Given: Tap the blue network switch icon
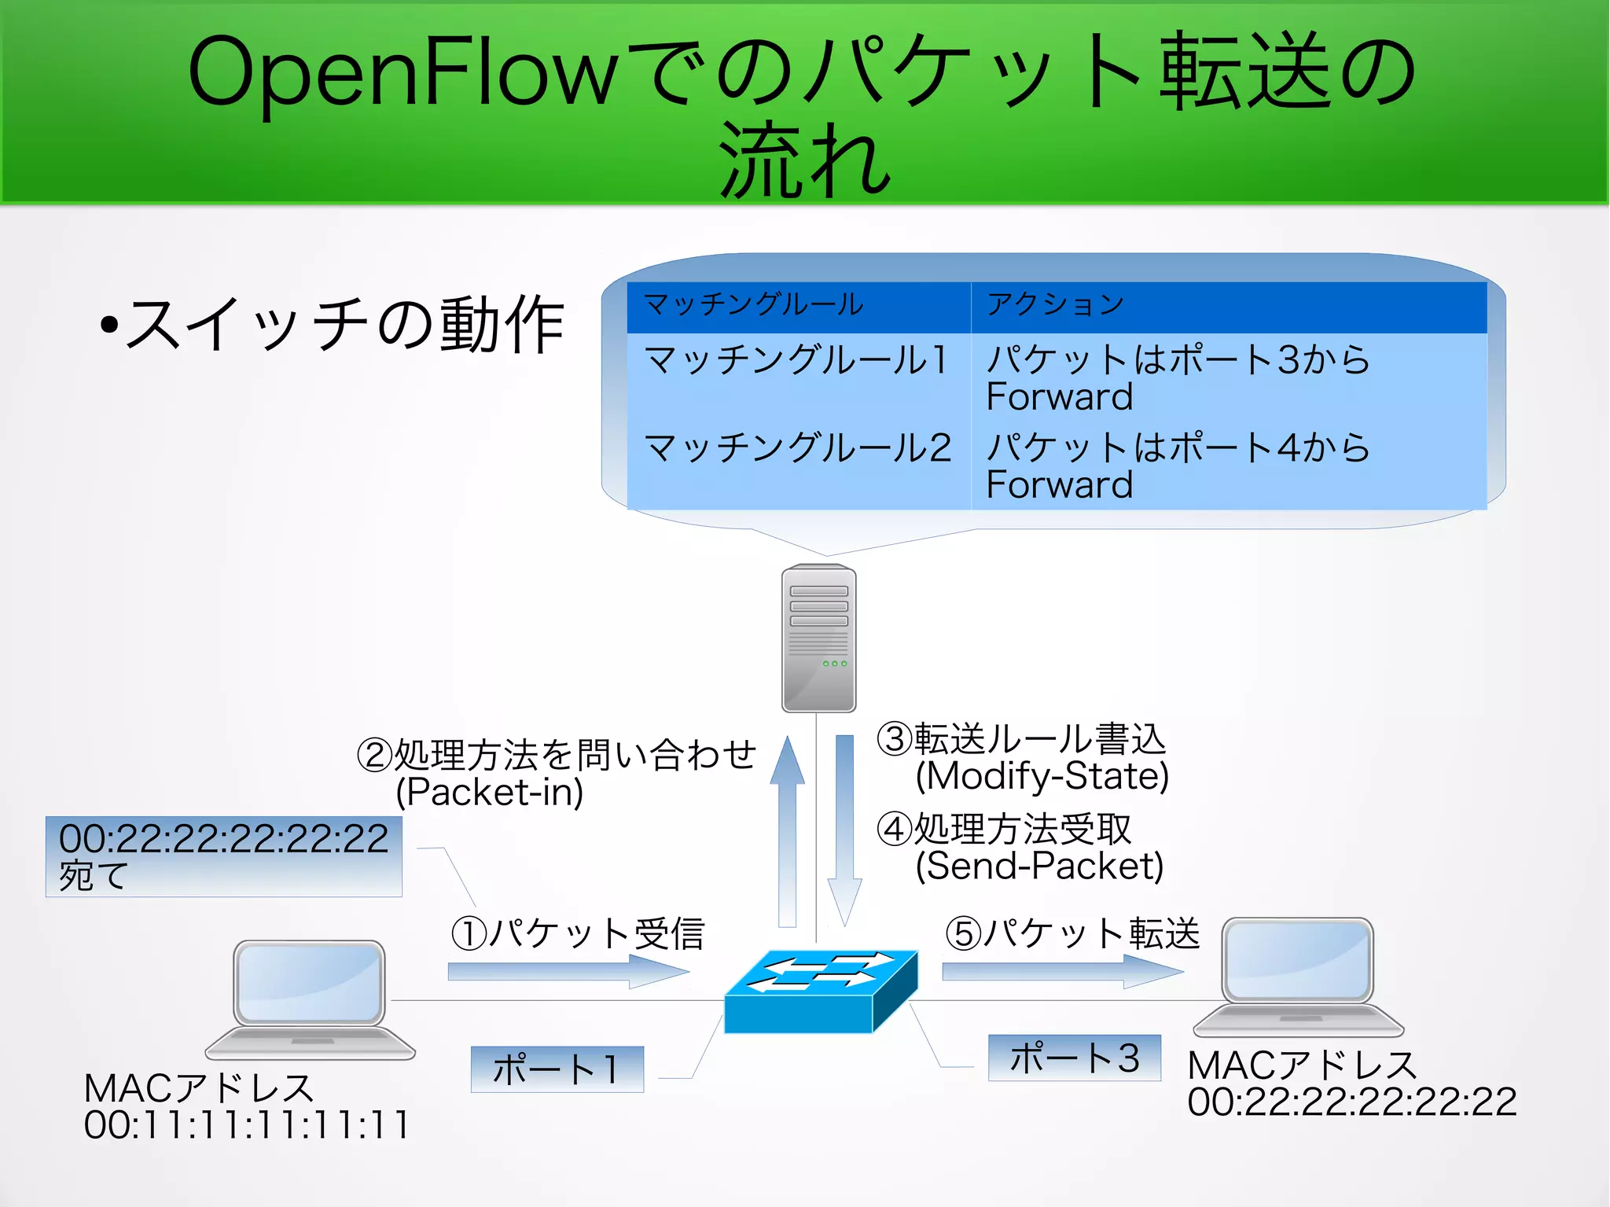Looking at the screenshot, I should pyautogui.click(x=820, y=992).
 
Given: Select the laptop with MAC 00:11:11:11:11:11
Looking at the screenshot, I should pyautogui.click(x=310, y=999).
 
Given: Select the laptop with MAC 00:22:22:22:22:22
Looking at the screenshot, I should pyautogui.click(x=1298, y=976).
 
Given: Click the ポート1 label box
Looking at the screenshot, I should pyautogui.click(x=557, y=1069).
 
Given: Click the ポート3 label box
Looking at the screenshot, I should pyautogui.click(x=1074, y=1058).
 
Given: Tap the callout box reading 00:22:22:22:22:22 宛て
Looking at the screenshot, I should pyautogui.click(x=223, y=856).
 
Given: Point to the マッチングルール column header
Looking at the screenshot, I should pyautogui.click(x=798, y=305).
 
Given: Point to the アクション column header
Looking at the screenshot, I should pyautogui.click(x=1226, y=305).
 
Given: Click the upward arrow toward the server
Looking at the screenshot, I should pyautogui.click(x=787, y=833).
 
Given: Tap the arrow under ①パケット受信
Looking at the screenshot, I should pyautogui.click(x=566, y=972).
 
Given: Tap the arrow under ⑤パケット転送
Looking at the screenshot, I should pyautogui.click(x=1061, y=972).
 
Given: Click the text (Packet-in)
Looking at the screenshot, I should pyautogui.click(x=489, y=792).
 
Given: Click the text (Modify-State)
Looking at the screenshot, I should pyautogui.click(x=1042, y=776).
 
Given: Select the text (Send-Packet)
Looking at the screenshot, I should pyautogui.click(x=1038, y=866).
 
